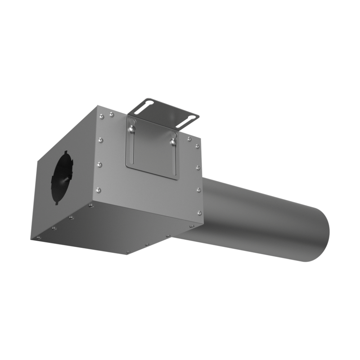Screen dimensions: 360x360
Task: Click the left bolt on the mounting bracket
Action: pos(130,130)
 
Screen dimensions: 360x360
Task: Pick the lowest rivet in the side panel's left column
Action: pos(99,190)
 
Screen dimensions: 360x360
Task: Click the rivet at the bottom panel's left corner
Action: pos(38,237)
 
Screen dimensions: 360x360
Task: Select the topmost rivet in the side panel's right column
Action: pos(197,146)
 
